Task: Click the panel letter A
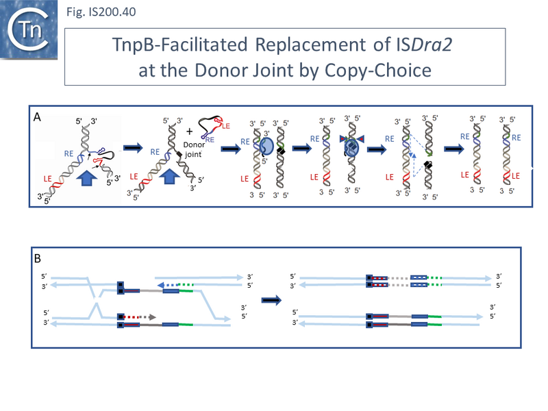pyautogui.click(x=39, y=117)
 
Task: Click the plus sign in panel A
pyautogui.click(x=188, y=130)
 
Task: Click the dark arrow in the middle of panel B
pyautogui.click(x=272, y=299)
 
